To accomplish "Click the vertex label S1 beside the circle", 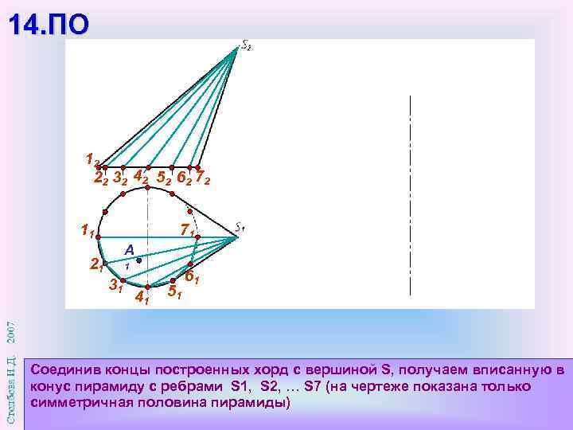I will (x=241, y=227).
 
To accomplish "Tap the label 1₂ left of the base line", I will (x=92, y=158).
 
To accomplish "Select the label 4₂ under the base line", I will (x=140, y=175).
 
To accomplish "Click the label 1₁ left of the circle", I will (x=87, y=231).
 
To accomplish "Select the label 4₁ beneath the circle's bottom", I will (x=143, y=299).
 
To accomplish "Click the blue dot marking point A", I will (x=138, y=260).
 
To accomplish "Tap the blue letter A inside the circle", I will (x=128, y=250).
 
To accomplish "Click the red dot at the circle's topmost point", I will (x=148, y=187).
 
